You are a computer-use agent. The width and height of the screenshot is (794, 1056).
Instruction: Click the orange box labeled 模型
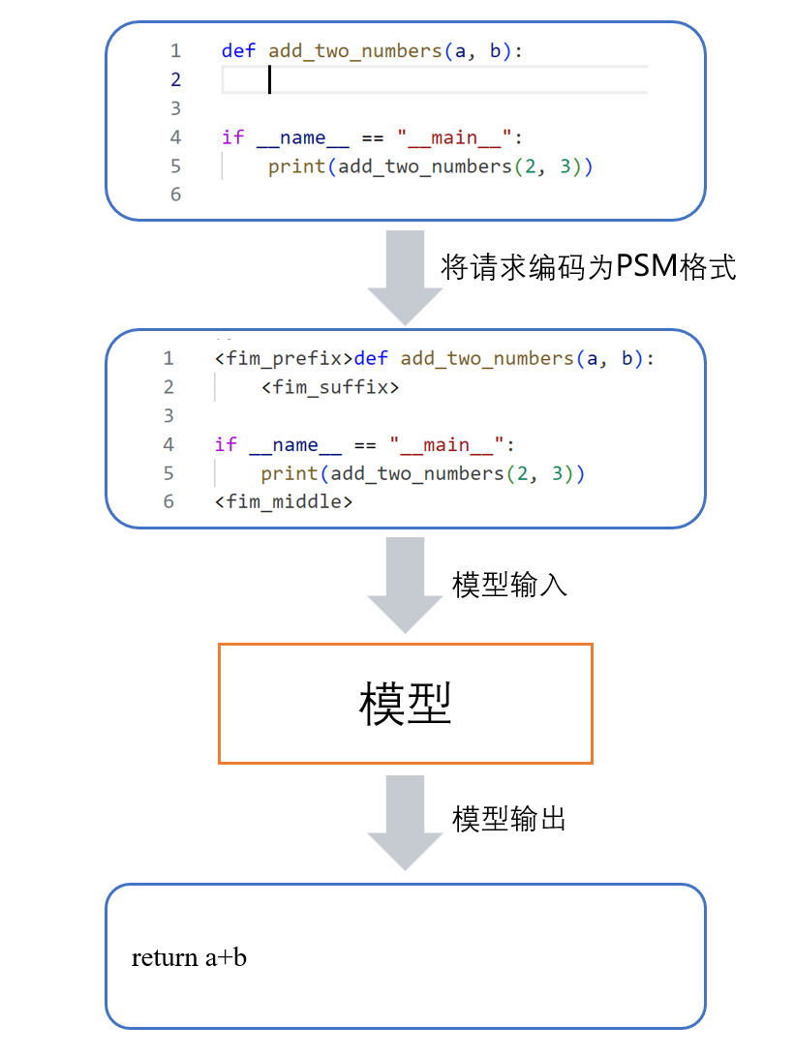click(x=405, y=704)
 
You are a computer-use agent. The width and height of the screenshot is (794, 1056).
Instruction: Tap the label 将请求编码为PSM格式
click(x=588, y=267)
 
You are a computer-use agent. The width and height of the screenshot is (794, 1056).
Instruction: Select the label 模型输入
click(x=509, y=585)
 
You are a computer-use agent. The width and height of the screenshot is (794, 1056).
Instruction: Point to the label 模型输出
click(x=509, y=819)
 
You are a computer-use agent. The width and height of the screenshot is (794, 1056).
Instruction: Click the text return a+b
click(x=189, y=957)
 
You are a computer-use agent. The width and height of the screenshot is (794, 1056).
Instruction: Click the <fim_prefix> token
click(x=284, y=358)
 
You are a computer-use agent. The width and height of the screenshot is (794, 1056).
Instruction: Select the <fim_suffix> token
click(x=329, y=387)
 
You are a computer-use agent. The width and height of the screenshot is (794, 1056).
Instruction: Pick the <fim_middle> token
click(x=284, y=501)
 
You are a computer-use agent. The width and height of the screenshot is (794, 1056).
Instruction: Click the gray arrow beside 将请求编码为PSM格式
click(x=405, y=276)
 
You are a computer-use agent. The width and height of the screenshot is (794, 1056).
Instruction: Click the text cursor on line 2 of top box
click(x=269, y=79)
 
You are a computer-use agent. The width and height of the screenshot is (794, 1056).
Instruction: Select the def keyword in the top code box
click(x=238, y=50)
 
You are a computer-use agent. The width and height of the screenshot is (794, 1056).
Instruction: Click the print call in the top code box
click(x=296, y=166)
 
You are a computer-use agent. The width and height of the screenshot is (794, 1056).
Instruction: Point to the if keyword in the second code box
click(x=226, y=444)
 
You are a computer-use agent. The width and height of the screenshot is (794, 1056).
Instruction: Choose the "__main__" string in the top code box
click(x=454, y=137)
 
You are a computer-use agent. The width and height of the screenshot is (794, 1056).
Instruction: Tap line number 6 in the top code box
click(x=175, y=195)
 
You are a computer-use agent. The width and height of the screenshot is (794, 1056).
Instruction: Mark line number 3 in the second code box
click(x=168, y=415)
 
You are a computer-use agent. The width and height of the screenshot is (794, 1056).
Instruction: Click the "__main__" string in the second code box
click(x=447, y=444)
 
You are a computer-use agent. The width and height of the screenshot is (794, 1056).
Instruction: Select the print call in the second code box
click(x=289, y=473)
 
